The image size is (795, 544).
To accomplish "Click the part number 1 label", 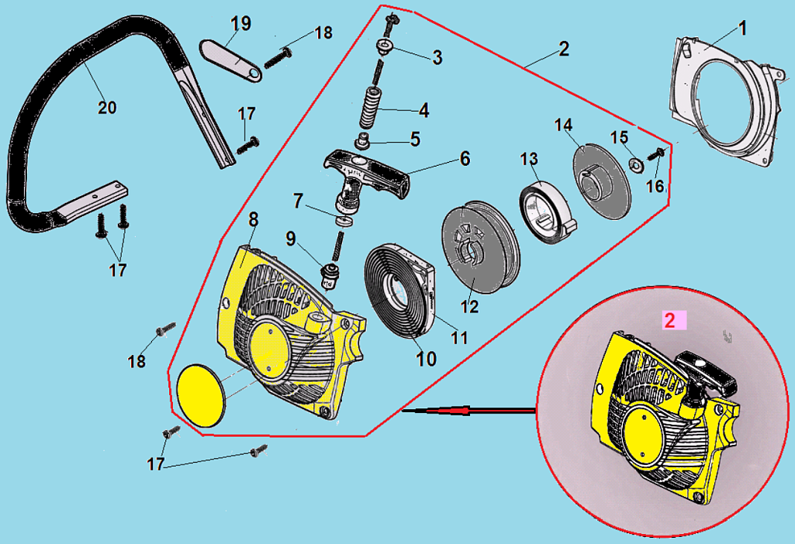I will pos(742,29).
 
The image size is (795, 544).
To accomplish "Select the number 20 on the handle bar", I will pos(107,107).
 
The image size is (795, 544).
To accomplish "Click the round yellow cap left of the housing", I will pos(199,394).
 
